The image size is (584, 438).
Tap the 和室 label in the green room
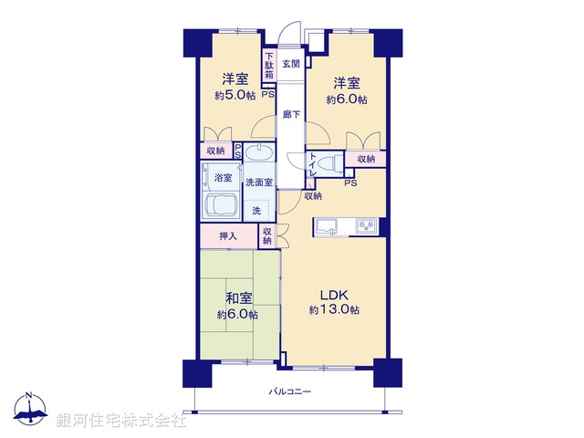[x=236, y=298]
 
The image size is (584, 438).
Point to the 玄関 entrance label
[x=290, y=64]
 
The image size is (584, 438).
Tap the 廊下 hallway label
[x=290, y=114]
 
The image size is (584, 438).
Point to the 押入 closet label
[x=227, y=236]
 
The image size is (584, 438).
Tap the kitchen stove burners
[x=367, y=225]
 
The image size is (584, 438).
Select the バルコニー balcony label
[x=290, y=391]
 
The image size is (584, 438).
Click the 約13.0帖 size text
[x=334, y=310]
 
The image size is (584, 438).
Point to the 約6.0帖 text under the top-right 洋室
[x=349, y=99]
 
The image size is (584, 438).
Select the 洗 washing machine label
[x=256, y=210]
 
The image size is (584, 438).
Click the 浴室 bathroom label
[x=222, y=177]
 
